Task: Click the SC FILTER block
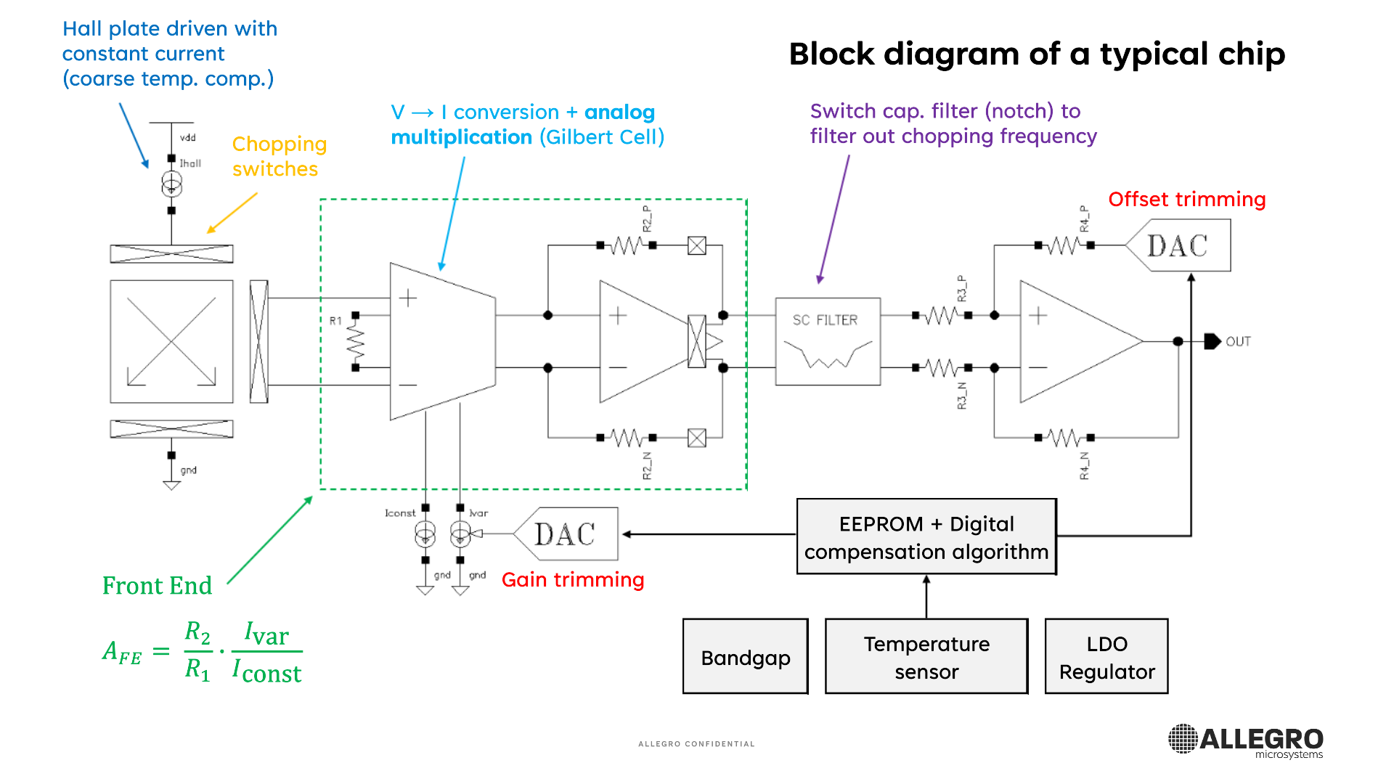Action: click(x=828, y=341)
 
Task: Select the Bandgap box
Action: click(x=746, y=657)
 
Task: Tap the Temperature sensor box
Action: click(x=926, y=657)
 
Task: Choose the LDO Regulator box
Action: click(x=1106, y=657)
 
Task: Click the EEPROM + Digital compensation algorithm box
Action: click(x=926, y=537)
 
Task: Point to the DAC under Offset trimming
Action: click(x=1178, y=246)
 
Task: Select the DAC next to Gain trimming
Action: click(x=565, y=534)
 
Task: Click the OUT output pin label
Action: click(x=1238, y=342)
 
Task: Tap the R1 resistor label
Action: click(x=335, y=321)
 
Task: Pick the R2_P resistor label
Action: click(x=647, y=219)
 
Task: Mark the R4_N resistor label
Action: click(x=1084, y=466)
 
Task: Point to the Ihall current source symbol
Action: click(x=171, y=184)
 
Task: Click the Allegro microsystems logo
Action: click(x=1246, y=741)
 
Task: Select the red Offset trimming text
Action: click(x=1187, y=200)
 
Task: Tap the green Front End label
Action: click(x=157, y=586)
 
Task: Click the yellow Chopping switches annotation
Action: click(x=280, y=157)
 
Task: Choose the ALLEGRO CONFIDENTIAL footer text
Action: click(x=696, y=744)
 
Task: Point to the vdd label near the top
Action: click(x=188, y=138)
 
